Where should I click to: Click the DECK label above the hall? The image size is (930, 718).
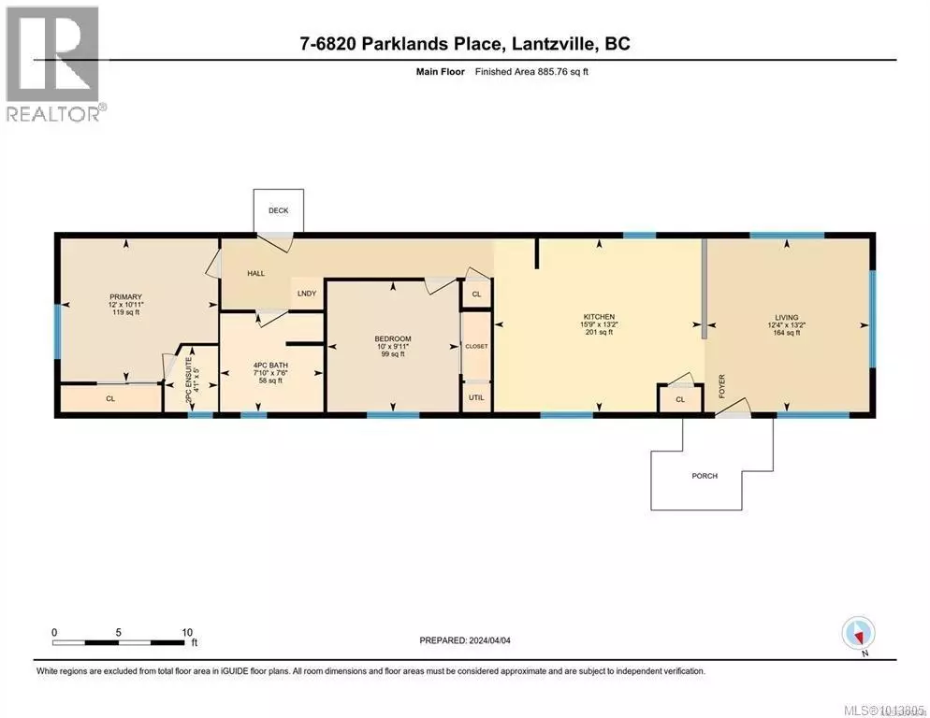tap(278, 211)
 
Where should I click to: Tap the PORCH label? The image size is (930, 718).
tap(705, 476)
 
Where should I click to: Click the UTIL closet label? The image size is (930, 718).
tap(475, 397)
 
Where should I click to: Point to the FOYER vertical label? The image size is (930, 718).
tap(721, 387)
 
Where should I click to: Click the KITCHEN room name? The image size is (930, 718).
tap(598, 317)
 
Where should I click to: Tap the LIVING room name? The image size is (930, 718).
tap(786, 317)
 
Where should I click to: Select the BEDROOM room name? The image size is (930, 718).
tap(392, 338)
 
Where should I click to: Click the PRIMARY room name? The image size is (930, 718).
tap(124, 296)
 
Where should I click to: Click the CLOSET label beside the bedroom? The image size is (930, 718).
tap(476, 346)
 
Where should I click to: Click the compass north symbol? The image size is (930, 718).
tap(858, 635)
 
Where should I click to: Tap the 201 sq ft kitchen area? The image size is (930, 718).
tap(598, 333)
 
